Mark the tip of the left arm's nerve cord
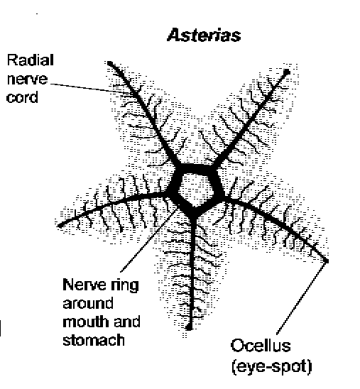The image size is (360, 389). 60,226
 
